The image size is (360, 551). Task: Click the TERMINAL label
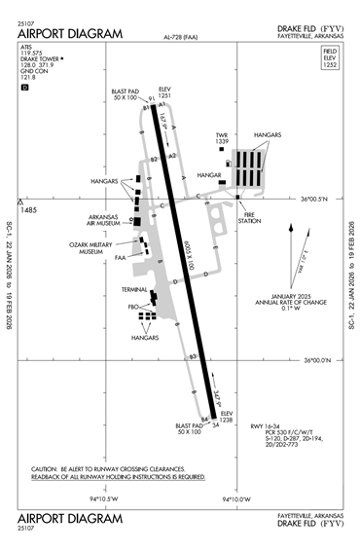[x=134, y=290]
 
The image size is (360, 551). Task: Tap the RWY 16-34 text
[x=263, y=426]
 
